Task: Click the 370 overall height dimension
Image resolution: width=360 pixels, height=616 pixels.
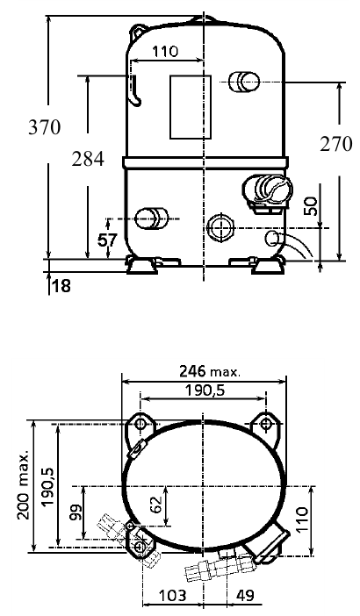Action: [x=45, y=127]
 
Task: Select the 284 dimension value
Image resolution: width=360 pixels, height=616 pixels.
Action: [x=88, y=159]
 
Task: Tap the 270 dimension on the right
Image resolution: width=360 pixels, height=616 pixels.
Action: [x=336, y=144]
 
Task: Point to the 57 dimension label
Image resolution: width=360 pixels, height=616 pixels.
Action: [x=107, y=240]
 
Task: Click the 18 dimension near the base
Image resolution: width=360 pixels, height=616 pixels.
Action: [x=61, y=286]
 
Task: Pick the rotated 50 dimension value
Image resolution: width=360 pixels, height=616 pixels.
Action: [x=311, y=206]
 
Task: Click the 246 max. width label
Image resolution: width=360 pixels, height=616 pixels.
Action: [x=209, y=371]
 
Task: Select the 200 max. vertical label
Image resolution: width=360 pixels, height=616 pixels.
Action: [x=24, y=484]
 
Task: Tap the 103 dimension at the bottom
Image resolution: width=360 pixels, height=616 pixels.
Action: [x=172, y=596]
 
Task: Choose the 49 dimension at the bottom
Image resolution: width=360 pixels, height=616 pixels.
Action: [x=245, y=596]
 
